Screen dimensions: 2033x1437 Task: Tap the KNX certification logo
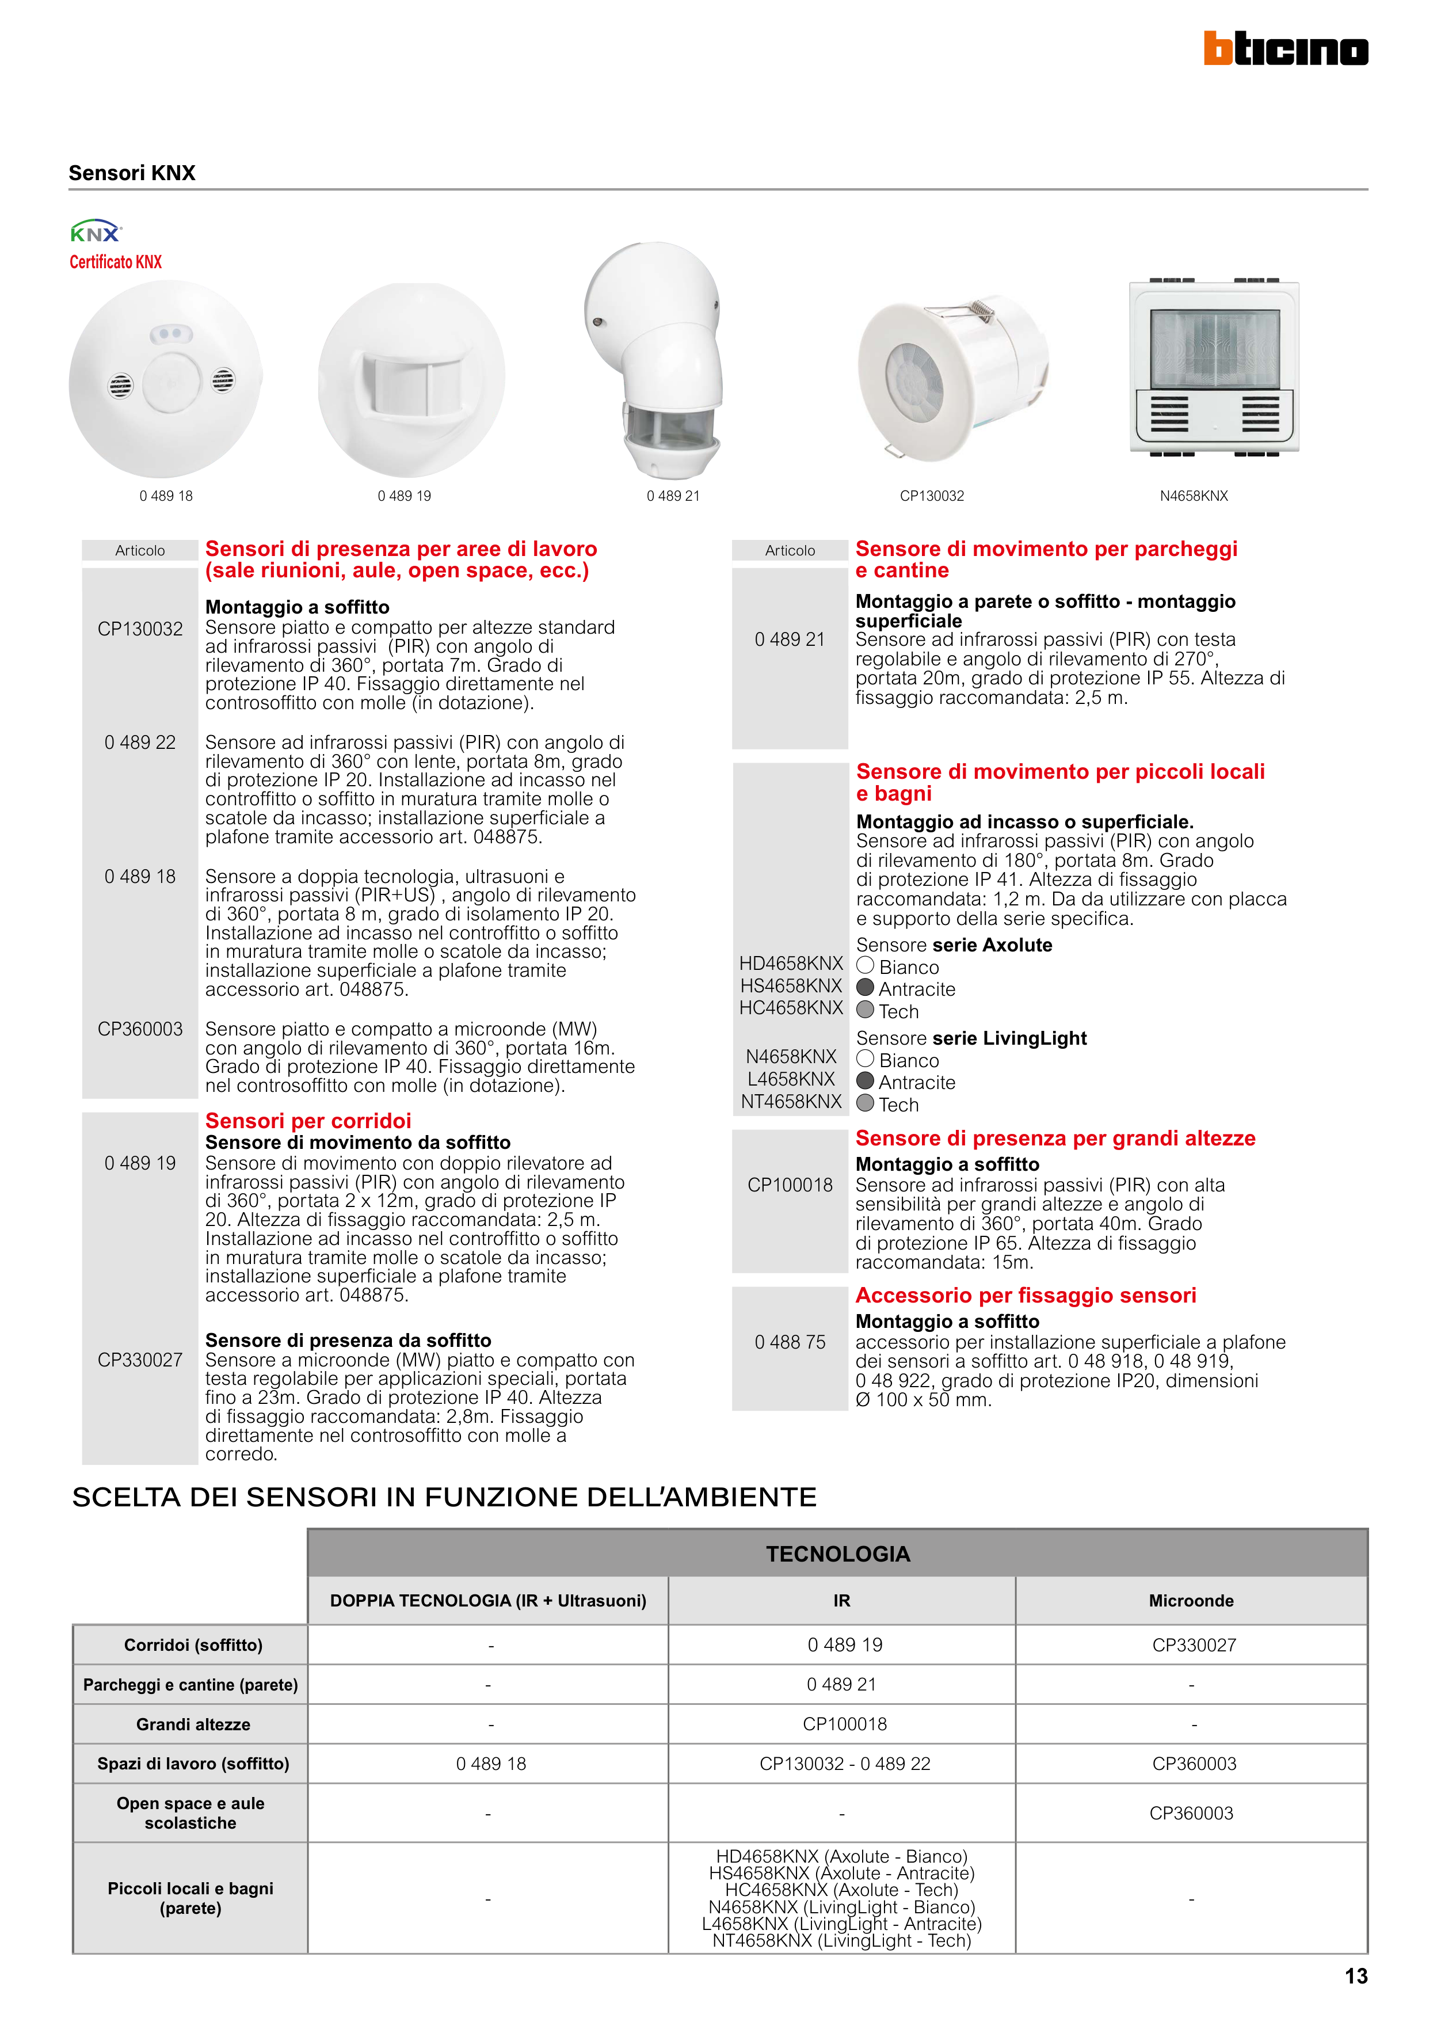click(96, 232)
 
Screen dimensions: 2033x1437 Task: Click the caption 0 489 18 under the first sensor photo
click(166, 496)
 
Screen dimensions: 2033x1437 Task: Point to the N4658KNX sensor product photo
click(1214, 367)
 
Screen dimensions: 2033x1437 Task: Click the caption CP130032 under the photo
click(932, 496)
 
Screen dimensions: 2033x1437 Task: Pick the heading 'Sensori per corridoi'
click(308, 1121)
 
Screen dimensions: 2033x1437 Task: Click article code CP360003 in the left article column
click(140, 1029)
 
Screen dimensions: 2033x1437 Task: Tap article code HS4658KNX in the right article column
click(791, 985)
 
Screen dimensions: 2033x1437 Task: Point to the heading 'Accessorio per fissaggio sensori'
click(1026, 1296)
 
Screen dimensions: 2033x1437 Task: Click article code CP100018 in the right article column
click(790, 1185)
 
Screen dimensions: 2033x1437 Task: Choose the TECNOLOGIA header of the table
click(837, 1554)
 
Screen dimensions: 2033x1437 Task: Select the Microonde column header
click(1191, 1601)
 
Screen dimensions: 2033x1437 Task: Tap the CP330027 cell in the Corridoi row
click(1194, 1645)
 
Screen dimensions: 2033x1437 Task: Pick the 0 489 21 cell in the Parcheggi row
click(841, 1684)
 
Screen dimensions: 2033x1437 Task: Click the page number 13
click(1355, 1977)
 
